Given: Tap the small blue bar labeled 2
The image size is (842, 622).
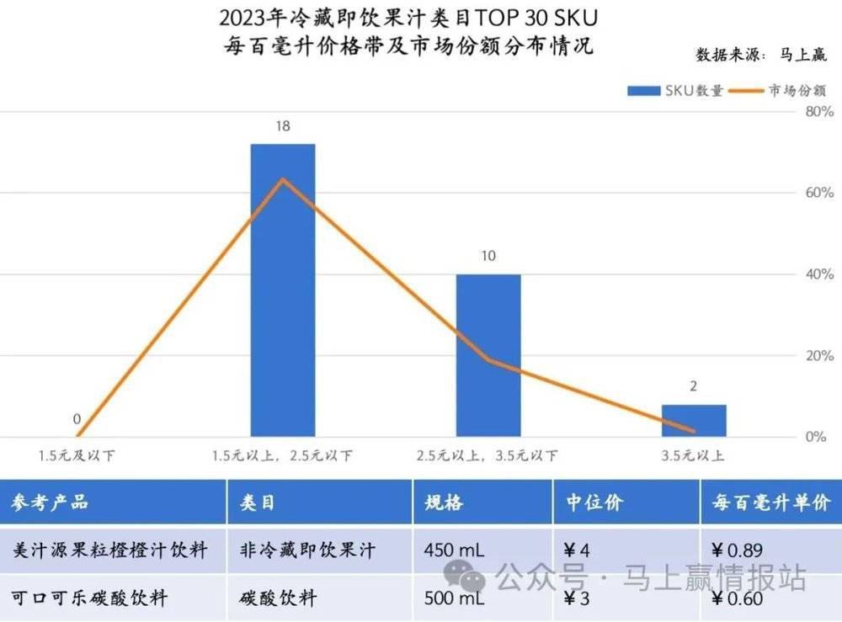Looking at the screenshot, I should [694, 421].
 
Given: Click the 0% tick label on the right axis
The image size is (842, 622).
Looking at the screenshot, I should [813, 437].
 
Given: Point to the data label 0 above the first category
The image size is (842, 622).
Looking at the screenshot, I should [77, 419].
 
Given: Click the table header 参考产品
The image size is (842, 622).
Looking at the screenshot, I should [51, 503].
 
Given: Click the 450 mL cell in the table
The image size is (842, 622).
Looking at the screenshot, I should [455, 550].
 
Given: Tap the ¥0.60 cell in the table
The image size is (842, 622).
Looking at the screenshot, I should [738, 598].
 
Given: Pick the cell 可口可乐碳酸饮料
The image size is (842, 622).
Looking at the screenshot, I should [90, 598].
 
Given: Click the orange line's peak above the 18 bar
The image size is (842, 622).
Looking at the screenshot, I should [283, 179].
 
